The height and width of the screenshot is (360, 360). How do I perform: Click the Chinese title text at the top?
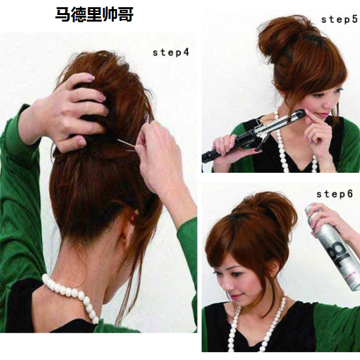pyautogui.click(x=94, y=14)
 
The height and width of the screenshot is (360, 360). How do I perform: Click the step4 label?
pyautogui.click(x=171, y=52)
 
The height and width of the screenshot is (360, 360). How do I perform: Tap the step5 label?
pyautogui.click(x=340, y=20)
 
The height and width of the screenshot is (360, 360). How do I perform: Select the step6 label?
pyautogui.click(x=334, y=194)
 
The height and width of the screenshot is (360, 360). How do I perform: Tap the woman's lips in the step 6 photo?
pyautogui.click(x=236, y=296)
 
